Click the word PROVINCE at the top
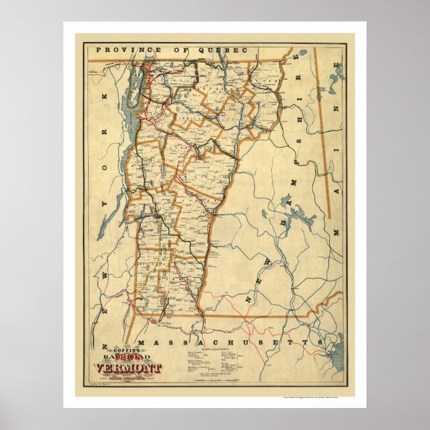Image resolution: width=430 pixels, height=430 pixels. (x=120, y=50)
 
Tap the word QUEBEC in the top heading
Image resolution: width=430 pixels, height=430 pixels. (x=223, y=50)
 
